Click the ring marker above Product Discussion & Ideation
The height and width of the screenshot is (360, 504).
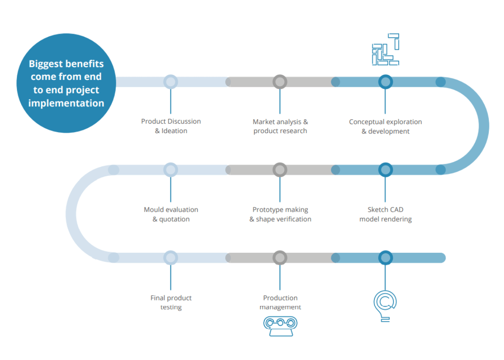pos(171,82)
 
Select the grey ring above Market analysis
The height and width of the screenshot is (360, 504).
pos(280,82)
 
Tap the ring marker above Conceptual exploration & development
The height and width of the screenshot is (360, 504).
pos(385,82)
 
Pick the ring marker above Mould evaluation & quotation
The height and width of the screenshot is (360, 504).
pos(171,170)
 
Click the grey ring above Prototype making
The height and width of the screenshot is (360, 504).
pos(280,170)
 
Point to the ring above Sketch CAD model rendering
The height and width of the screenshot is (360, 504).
pos(385,170)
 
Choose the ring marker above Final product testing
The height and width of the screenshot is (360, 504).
pos(171,258)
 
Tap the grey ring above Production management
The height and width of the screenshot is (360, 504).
pos(280,258)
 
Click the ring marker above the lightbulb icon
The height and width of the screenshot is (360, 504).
pos(385,258)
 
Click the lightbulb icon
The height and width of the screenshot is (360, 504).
pos(385,303)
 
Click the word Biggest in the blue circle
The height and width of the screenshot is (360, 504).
pos(46,64)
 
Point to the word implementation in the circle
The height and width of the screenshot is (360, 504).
pos(66,103)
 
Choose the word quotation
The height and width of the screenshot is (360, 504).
pos(174,219)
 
